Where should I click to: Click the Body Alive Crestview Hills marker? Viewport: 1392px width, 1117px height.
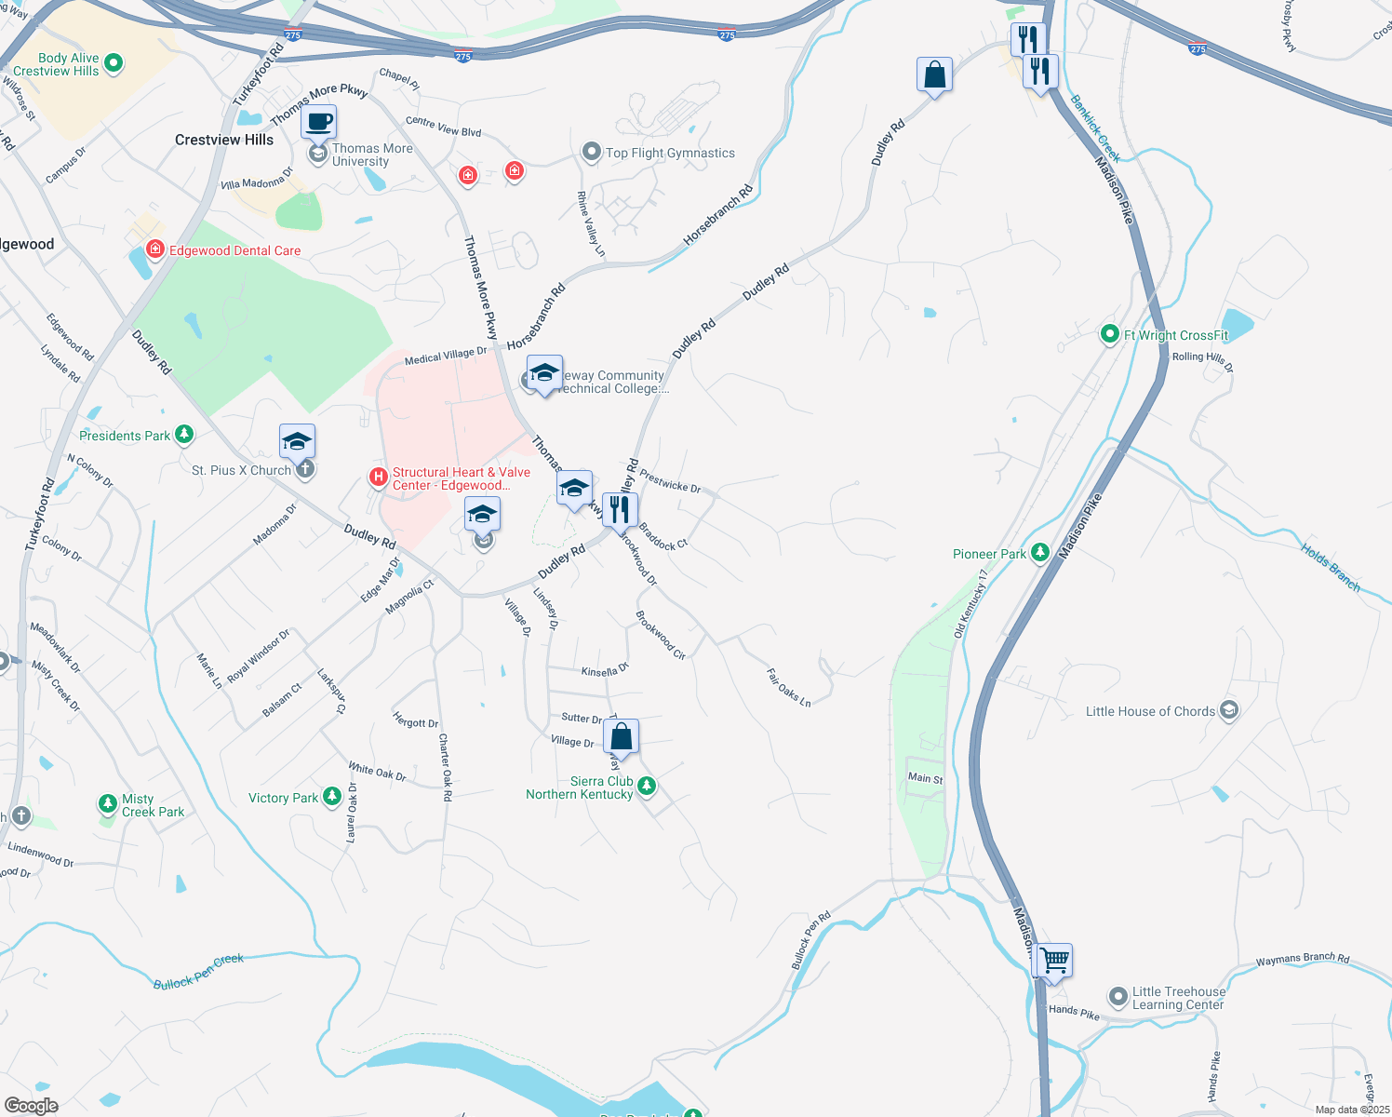[x=114, y=63]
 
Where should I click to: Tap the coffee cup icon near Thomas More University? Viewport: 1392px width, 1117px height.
[x=318, y=122]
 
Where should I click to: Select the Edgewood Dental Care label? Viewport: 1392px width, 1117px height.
[x=234, y=250]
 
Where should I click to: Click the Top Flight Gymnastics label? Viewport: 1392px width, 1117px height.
[x=670, y=153]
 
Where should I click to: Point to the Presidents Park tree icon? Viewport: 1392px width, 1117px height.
[x=184, y=435]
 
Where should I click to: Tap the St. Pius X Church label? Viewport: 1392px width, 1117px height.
[x=241, y=470]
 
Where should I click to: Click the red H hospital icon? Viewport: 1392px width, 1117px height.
[x=378, y=478]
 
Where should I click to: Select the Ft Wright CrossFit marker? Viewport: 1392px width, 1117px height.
[x=1109, y=334]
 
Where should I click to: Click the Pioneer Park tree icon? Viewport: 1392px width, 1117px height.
[x=1040, y=553]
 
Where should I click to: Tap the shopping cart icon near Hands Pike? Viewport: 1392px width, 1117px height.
[x=1054, y=960]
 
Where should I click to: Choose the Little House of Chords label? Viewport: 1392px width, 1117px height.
[x=1150, y=711]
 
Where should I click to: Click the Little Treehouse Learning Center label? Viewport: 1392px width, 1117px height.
[x=1178, y=998]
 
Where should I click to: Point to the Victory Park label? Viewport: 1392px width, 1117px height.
[x=283, y=798]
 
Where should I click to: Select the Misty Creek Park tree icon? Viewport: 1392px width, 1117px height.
[x=108, y=804]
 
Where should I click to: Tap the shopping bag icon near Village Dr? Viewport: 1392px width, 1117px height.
[x=621, y=736]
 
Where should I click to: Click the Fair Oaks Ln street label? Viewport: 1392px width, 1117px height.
[x=789, y=687]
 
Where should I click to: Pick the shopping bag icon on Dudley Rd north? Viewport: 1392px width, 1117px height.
[x=934, y=74]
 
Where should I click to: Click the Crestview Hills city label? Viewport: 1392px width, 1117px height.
[x=224, y=140]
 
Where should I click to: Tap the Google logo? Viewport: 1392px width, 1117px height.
[x=31, y=1106]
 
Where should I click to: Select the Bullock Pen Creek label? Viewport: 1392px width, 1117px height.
[x=198, y=971]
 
